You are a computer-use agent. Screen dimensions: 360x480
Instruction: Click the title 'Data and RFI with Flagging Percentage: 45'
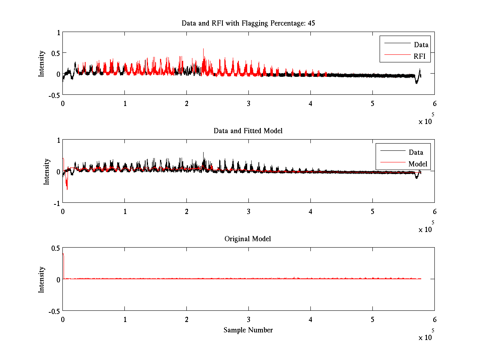(x=248, y=23)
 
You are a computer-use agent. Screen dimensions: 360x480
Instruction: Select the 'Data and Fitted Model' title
(x=248, y=131)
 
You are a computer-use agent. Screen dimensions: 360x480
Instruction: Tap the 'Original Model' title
(x=248, y=239)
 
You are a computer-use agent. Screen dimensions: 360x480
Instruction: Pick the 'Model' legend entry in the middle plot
(x=418, y=164)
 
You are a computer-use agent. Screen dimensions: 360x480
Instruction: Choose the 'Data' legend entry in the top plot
(x=421, y=45)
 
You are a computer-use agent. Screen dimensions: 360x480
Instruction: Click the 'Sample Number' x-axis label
(x=248, y=330)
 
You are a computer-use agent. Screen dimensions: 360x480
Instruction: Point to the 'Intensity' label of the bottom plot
(x=41, y=280)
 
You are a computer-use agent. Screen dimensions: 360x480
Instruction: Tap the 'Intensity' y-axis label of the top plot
(x=41, y=64)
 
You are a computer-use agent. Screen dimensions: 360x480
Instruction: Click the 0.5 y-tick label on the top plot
(x=55, y=53)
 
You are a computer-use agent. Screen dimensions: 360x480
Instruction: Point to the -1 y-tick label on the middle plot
(x=56, y=203)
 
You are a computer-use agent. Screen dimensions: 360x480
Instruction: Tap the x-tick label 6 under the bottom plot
(x=434, y=319)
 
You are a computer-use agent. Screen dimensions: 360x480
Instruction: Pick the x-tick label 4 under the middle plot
(x=310, y=211)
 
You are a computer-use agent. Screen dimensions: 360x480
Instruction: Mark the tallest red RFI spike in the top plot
(x=203, y=50)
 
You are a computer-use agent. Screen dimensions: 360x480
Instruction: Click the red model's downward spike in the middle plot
(x=67, y=188)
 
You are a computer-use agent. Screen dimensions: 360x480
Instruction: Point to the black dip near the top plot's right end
(x=416, y=82)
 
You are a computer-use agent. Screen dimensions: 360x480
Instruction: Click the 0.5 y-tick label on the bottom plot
(x=55, y=248)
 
